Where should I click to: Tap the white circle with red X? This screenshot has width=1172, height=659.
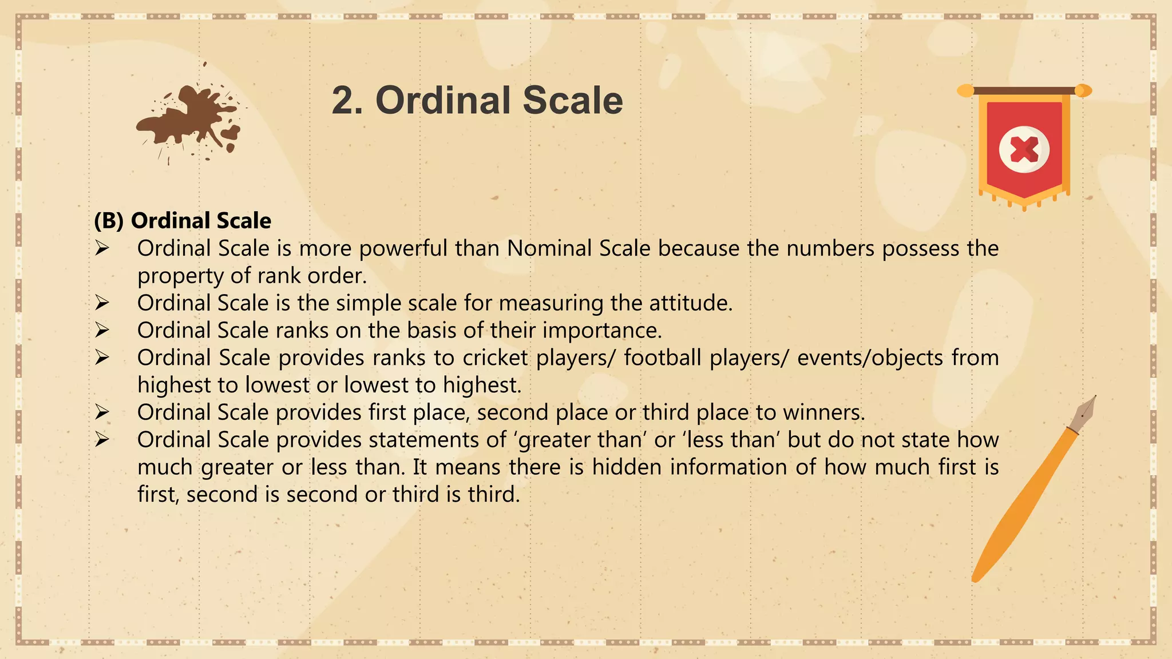pos(1024,149)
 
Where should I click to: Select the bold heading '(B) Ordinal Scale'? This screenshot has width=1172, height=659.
pos(183,221)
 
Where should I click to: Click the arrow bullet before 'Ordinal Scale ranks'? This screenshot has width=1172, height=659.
pos(102,330)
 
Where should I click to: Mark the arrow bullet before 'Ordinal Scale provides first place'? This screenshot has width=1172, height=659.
pos(102,412)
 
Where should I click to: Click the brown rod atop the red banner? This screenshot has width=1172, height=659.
pos(1024,90)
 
